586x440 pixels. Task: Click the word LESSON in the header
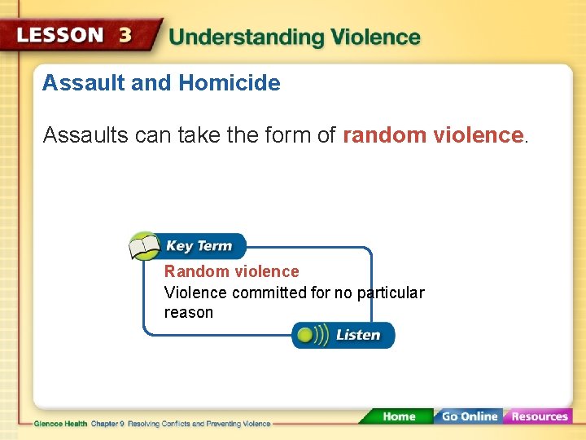pos(61,36)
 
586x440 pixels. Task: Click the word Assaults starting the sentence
pos(83,135)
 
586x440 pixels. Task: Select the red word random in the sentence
pos(382,135)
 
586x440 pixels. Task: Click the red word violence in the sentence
pos(474,135)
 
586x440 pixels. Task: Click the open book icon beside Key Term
pos(145,246)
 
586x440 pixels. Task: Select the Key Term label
pos(199,246)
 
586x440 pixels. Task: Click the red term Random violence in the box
pos(232,271)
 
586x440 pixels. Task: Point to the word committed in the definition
pos(269,293)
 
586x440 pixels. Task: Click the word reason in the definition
pos(189,313)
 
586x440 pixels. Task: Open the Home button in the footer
pos(398,416)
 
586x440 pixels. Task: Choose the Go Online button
pos(469,416)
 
